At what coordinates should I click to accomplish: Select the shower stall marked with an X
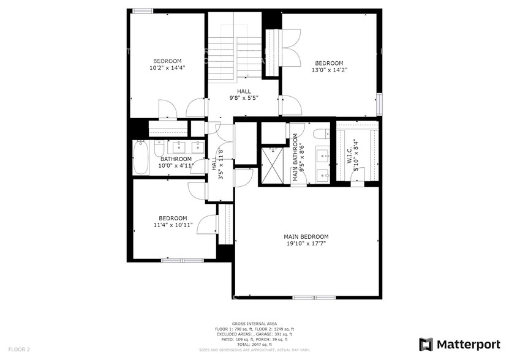(273, 163)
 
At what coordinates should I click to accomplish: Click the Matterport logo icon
(426, 344)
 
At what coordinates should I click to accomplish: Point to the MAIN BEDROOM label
(306, 236)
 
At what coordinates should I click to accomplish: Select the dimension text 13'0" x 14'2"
(329, 70)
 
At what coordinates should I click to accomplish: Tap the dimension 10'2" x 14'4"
(167, 68)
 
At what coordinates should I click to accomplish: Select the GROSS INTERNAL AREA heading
(254, 323)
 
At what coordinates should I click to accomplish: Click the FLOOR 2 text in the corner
(19, 349)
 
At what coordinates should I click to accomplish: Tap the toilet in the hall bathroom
(159, 148)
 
